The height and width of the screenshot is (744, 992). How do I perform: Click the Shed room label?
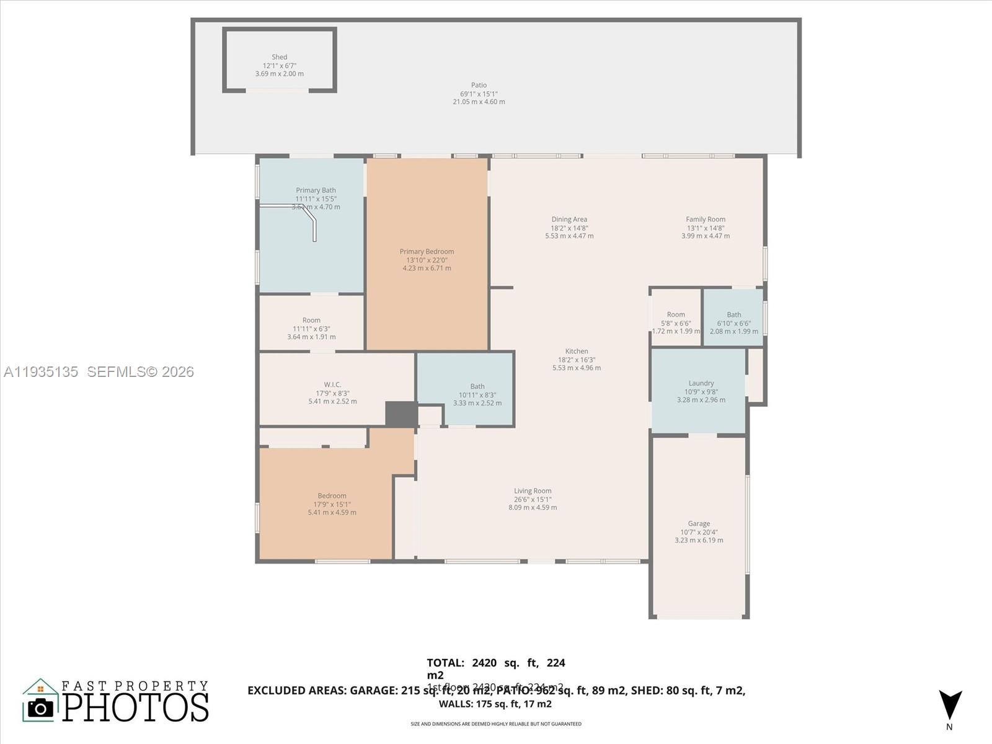279,57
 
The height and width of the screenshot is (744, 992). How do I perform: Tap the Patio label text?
479,85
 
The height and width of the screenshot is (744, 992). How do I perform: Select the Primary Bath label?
316,190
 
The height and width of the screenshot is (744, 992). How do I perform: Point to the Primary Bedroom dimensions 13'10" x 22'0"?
427,260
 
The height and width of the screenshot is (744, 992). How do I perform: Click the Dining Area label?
569,219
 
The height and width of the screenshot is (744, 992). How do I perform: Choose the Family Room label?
705,219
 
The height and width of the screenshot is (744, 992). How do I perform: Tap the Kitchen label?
577,351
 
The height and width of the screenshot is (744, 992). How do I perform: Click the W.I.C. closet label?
332,384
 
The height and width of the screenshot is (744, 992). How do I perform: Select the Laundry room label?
701,383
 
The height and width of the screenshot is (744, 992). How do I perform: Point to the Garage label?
699,523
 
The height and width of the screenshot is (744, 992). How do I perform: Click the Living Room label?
533,490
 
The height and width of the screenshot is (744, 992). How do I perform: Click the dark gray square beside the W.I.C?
401,414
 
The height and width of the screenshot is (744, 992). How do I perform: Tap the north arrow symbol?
950,705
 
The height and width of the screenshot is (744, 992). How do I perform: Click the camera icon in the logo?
41,707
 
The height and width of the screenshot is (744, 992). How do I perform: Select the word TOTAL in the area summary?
445,663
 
